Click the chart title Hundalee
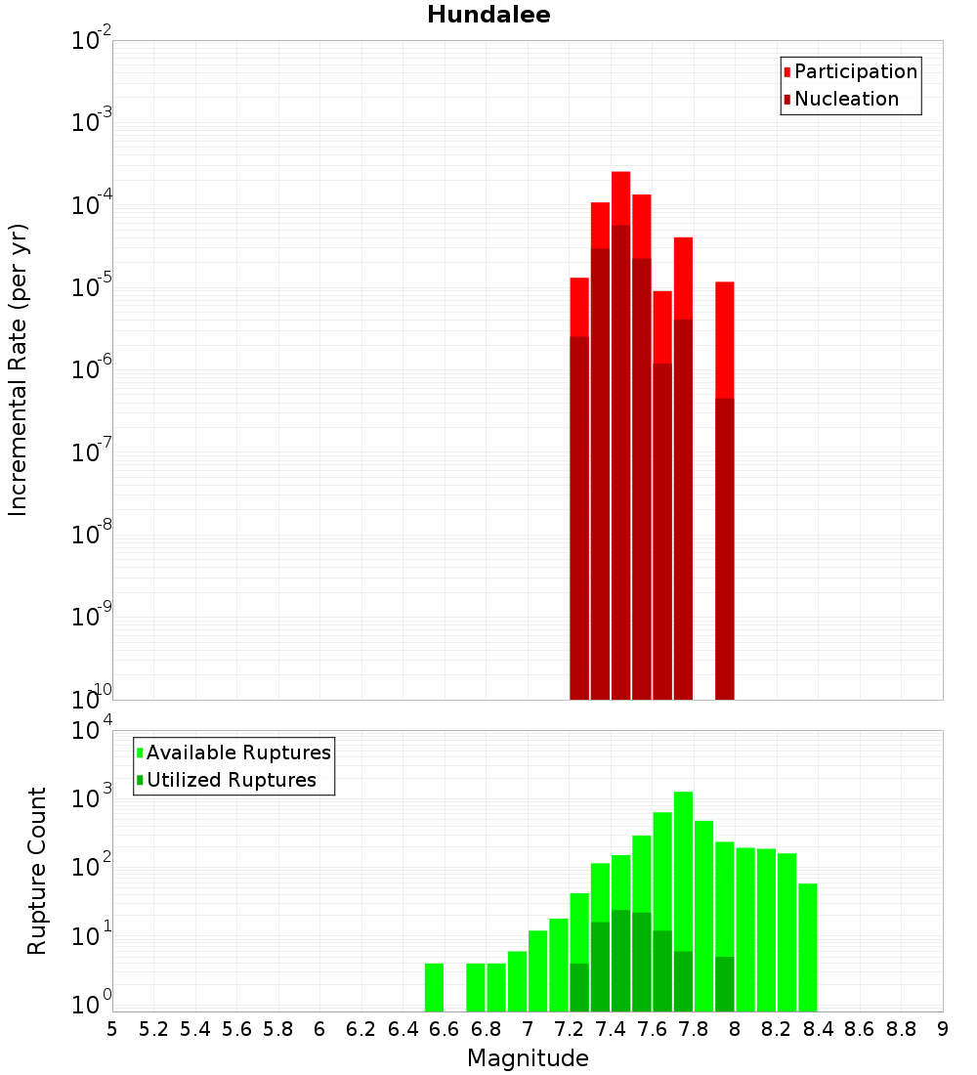[488, 15]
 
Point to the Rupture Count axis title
[37, 871]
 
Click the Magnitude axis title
[528, 1058]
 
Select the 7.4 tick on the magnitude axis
[611, 1028]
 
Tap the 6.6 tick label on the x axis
[445, 1028]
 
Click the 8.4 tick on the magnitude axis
[818, 1028]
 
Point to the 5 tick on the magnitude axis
[112, 1028]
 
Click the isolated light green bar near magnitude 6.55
[434, 987]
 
